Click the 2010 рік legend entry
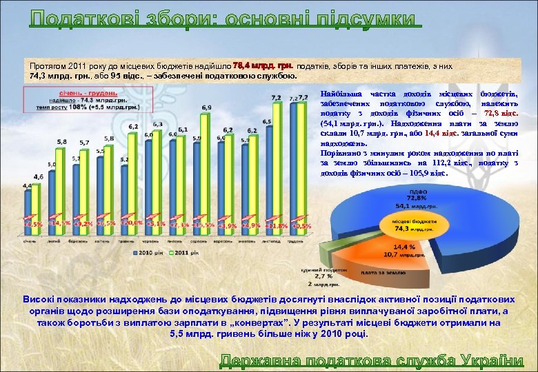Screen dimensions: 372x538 (135, 254)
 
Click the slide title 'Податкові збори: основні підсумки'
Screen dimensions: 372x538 (225, 19)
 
